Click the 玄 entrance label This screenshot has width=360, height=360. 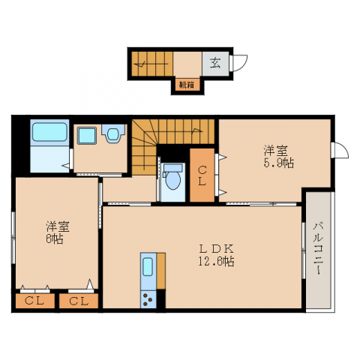(215, 64)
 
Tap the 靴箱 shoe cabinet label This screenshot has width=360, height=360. (186, 85)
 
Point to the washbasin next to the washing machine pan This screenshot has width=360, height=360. (113, 135)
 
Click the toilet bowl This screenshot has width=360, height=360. (173, 178)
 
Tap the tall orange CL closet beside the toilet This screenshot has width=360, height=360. (201, 175)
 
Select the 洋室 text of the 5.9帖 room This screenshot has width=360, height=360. (274, 149)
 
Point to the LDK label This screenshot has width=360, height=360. (217, 248)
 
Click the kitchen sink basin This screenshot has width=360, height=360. (148, 268)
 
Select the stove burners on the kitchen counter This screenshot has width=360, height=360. (148, 301)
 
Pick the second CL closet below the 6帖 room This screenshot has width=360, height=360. (78, 301)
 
